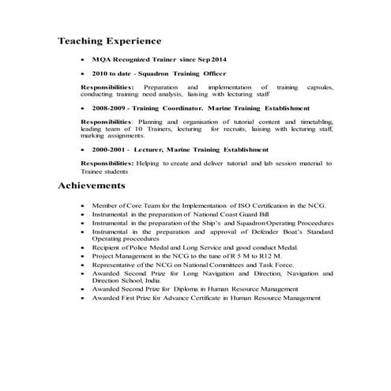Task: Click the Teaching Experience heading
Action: tap(110, 40)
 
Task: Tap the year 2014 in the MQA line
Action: tap(218, 59)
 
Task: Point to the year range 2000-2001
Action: tap(110, 149)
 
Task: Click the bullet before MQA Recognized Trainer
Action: tap(84, 59)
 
